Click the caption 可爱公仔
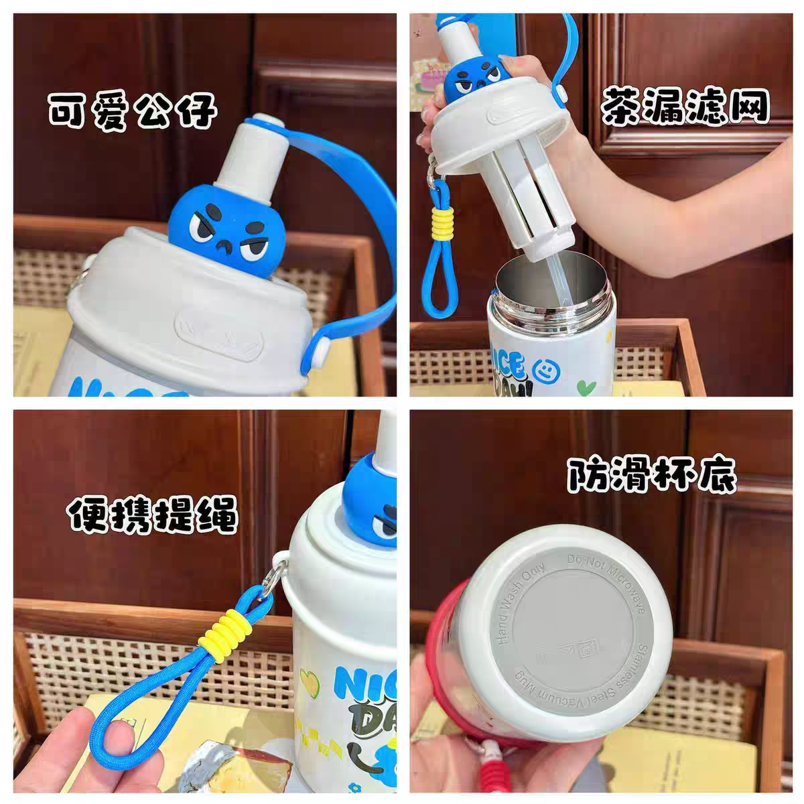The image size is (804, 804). point(132,111)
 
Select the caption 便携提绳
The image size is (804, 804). point(152,515)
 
